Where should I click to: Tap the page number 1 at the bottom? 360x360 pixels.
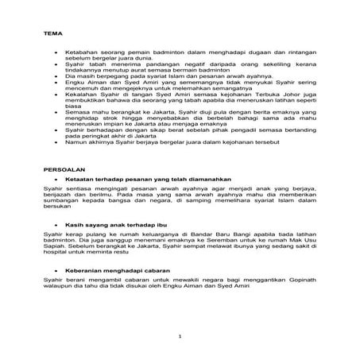180,338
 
